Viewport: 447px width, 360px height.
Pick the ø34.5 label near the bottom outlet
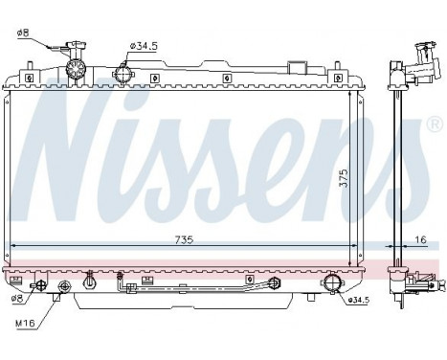coord(356,301)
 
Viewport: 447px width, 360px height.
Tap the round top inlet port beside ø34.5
coord(123,73)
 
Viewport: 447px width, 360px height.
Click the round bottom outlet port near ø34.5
coord(331,283)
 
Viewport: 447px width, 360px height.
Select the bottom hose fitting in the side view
coord(422,282)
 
